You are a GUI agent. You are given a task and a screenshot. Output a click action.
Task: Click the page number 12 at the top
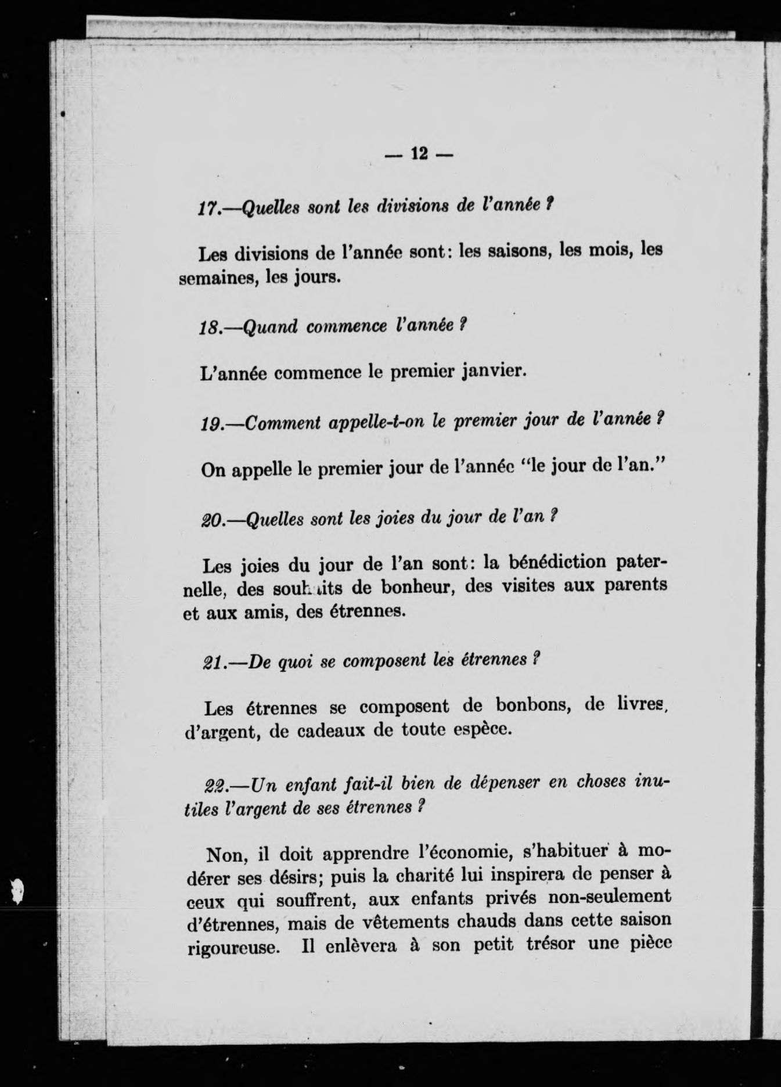tap(419, 153)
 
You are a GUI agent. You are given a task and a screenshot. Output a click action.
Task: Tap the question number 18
tap(207, 328)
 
